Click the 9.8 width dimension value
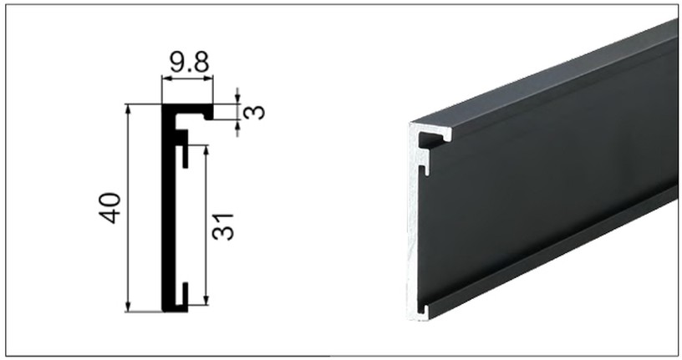pyautogui.click(x=188, y=62)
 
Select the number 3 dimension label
pyautogui.click(x=256, y=110)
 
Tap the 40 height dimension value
pyautogui.click(x=110, y=208)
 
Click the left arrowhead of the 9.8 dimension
pyautogui.click(x=165, y=79)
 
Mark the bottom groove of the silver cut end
pyautogui.click(x=424, y=312)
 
